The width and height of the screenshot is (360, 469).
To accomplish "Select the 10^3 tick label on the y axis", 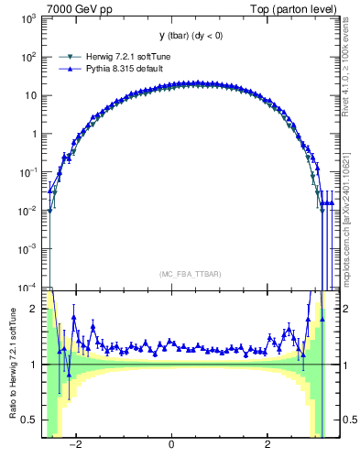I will (x=29, y=18).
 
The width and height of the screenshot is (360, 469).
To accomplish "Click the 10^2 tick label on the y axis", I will (x=29, y=57).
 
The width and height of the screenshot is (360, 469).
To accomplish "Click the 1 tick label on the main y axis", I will (x=35, y=134).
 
